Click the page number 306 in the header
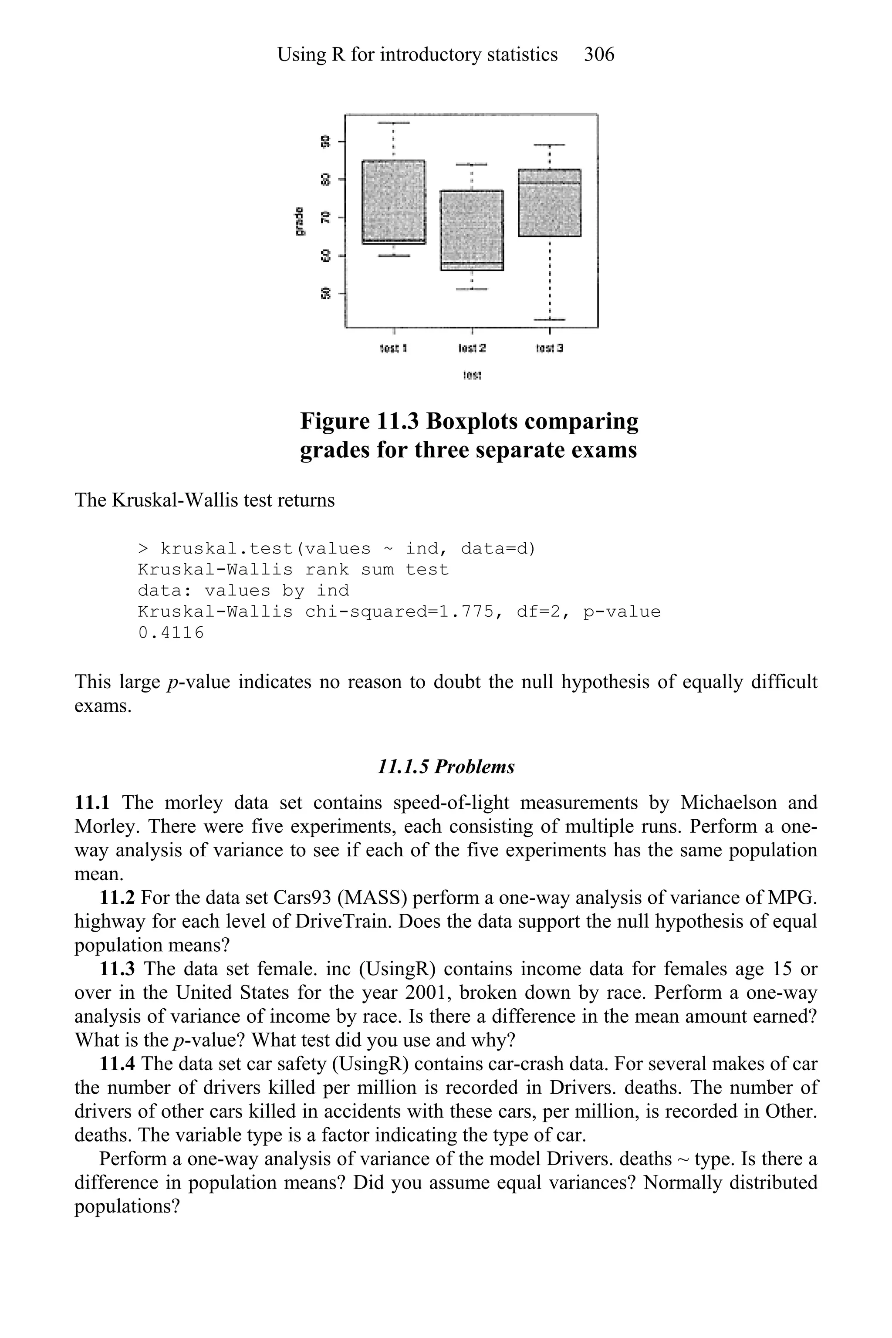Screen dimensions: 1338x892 (599, 54)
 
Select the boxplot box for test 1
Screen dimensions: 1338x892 (394, 202)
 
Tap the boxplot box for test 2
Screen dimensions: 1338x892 (472, 230)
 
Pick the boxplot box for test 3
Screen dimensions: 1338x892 (550, 203)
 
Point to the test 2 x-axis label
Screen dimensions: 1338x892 (472, 348)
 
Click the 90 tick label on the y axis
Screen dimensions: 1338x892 (325, 141)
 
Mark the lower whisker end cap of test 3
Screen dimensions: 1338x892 (550, 319)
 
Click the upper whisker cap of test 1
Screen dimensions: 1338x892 (394, 122)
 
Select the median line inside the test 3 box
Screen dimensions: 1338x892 (550, 183)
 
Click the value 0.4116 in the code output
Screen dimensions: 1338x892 (171, 632)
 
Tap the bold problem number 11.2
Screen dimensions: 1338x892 (117, 897)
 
